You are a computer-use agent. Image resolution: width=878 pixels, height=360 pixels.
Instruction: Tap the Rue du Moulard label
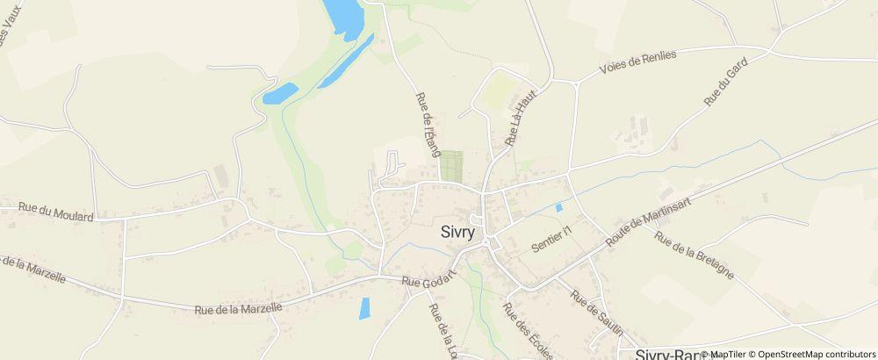(55, 211)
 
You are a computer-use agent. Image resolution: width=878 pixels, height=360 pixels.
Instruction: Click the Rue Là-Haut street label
(520, 120)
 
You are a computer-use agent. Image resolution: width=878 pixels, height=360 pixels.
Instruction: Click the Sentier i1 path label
(551, 241)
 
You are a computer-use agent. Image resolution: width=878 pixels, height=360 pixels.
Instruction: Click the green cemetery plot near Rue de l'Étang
(450, 166)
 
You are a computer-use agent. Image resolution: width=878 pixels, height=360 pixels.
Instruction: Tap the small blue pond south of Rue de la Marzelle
(364, 307)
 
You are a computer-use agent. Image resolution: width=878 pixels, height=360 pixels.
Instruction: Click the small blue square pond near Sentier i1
(558, 208)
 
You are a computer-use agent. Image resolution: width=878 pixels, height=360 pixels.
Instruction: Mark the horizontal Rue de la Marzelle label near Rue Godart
(238, 308)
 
